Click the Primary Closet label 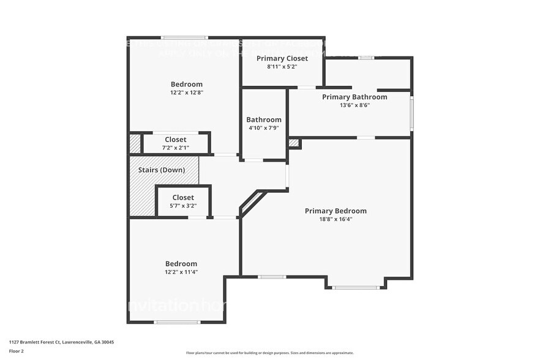pos(282,58)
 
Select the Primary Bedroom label pos(344,211)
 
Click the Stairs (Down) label pos(163,170)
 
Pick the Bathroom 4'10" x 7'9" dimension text pos(264,128)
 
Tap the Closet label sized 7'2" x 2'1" pos(176,140)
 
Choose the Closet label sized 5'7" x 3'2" pos(183,197)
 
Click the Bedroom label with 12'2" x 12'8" pos(186,84)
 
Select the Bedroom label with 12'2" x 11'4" pos(181,263)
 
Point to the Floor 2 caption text pos(17,351)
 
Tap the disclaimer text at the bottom pos(269,353)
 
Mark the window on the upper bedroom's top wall pos(184,38)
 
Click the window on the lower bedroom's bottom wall pos(176,322)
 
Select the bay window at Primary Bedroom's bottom pos(355,287)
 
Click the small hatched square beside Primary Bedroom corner pos(294,143)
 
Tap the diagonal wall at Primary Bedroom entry pos(253,203)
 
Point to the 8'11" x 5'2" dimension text pos(282,67)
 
